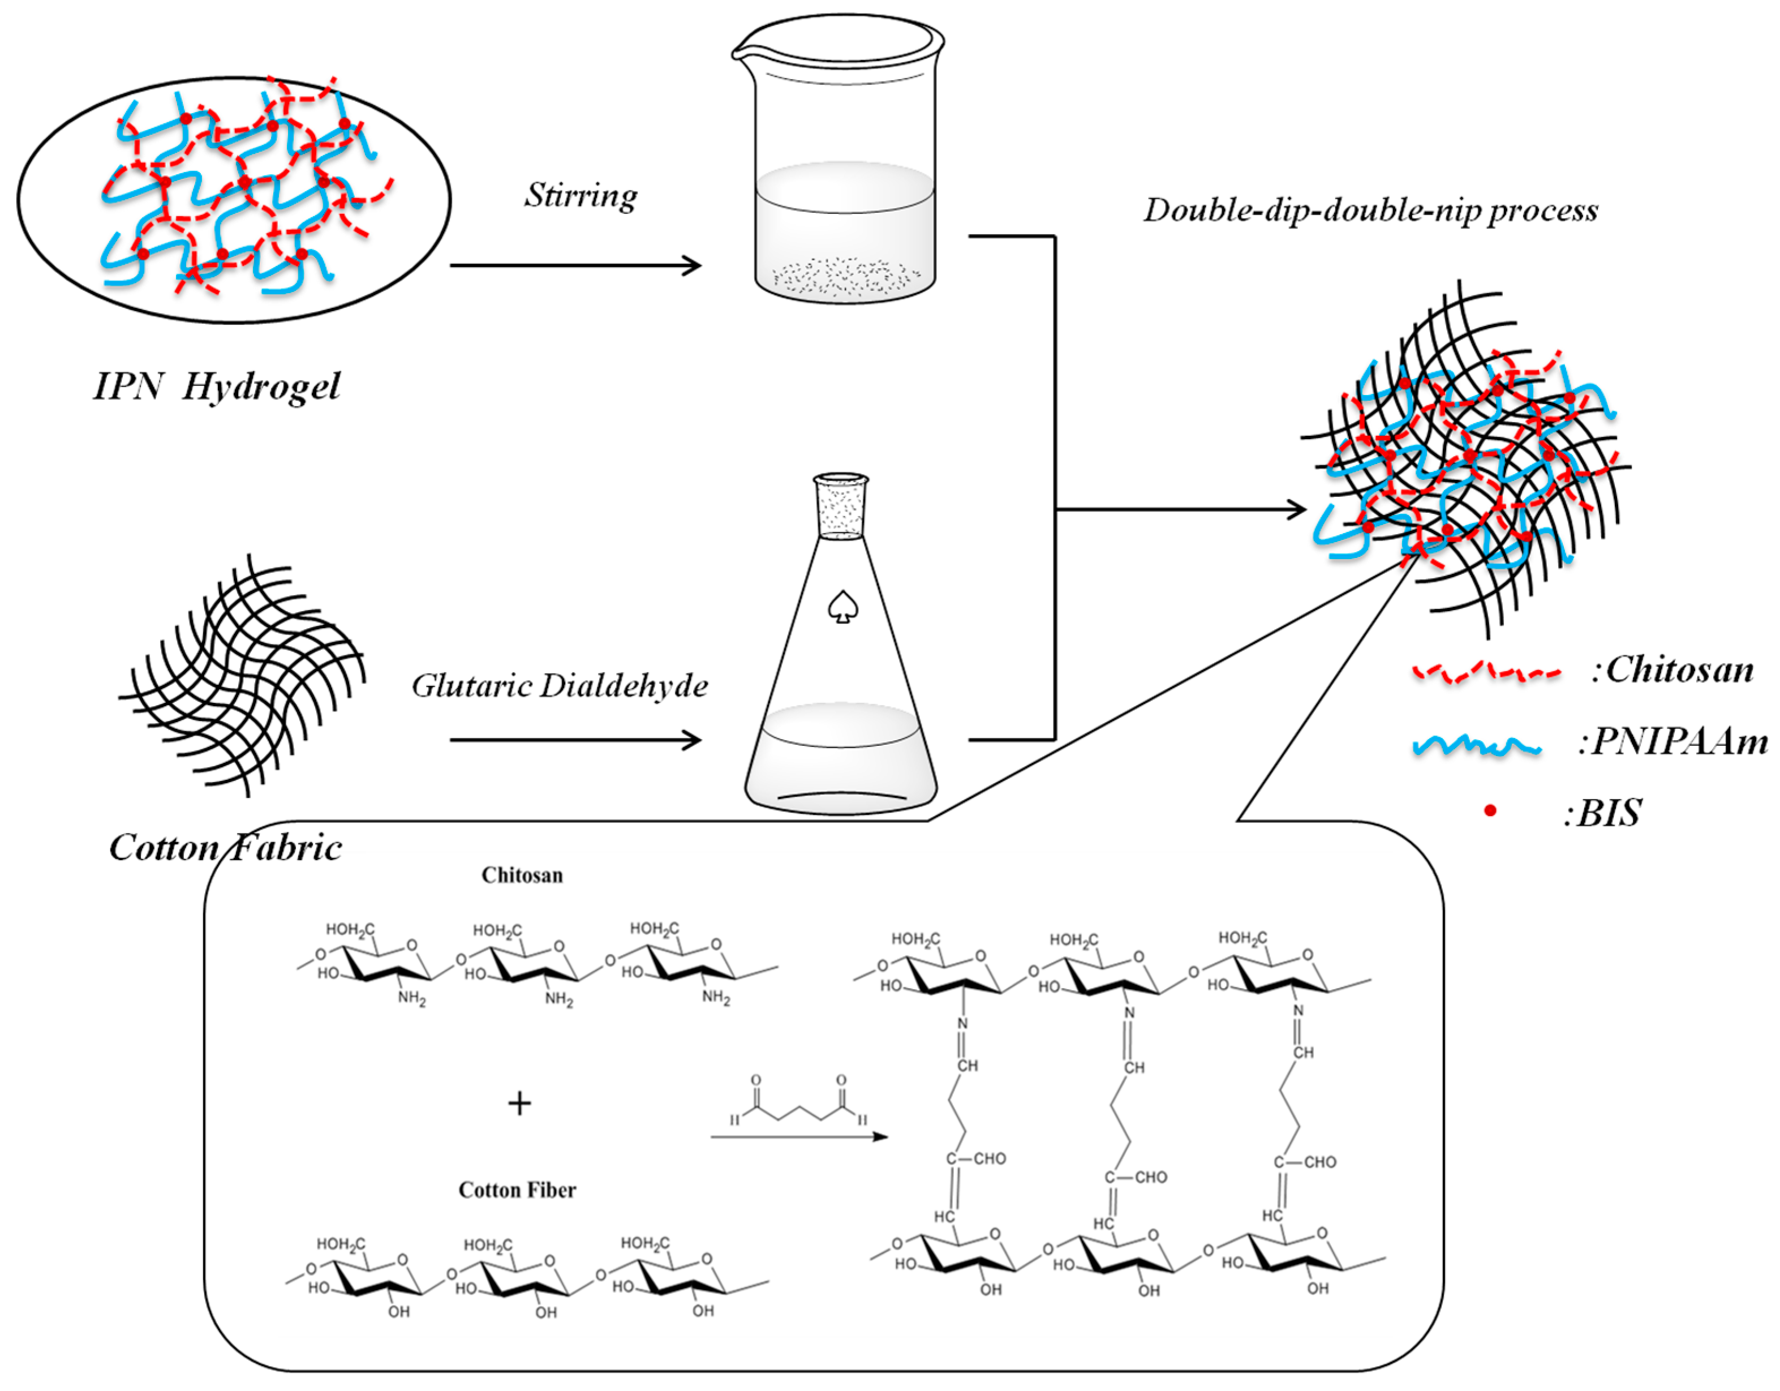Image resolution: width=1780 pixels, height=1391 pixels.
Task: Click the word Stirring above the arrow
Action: [581, 196]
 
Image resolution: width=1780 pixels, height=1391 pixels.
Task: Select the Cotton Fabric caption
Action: [226, 848]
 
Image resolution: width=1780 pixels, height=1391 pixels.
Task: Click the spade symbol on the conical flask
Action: [842, 607]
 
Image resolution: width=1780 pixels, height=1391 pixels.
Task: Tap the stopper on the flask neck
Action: [841, 506]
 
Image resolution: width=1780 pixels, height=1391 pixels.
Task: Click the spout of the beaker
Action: [740, 54]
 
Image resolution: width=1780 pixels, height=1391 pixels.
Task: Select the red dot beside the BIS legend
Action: [1490, 810]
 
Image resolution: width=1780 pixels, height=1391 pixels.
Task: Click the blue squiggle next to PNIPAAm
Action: [1476, 745]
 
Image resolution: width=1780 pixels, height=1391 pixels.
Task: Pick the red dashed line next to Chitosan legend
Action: [1485, 673]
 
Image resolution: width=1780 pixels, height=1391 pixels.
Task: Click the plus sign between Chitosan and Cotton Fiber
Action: [519, 1104]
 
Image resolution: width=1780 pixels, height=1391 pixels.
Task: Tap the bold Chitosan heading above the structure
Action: [522, 875]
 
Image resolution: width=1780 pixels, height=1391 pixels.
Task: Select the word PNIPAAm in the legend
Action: [1673, 742]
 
